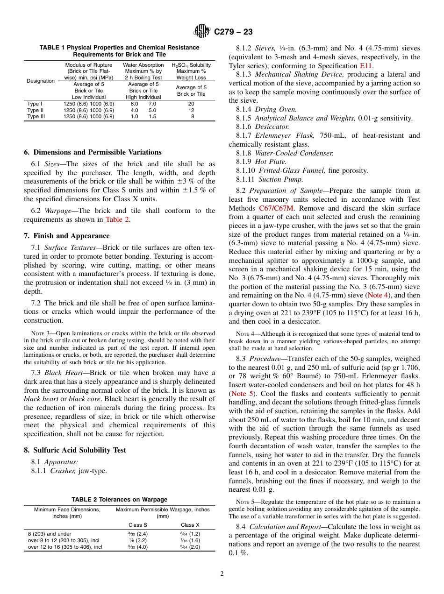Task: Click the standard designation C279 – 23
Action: (233, 32)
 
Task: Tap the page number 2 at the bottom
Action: (222, 574)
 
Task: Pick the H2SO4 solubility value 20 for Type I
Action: (191, 104)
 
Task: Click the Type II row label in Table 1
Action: (35, 110)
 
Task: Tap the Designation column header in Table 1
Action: (40, 81)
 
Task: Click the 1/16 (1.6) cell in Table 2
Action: (190, 540)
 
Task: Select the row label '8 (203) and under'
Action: (50, 533)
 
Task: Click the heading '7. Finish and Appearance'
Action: (67, 235)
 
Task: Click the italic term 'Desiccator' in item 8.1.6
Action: (272, 127)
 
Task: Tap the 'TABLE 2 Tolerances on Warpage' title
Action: (119, 499)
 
